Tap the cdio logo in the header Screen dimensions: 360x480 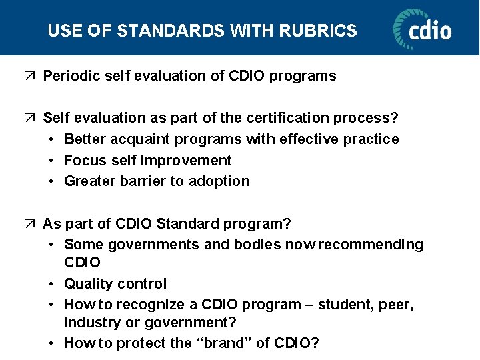coord(422,29)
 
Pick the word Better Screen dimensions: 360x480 coord(85,139)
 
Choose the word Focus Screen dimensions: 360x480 coord(84,160)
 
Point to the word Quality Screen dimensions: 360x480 coord(87,284)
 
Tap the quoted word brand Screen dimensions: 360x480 coord(225,343)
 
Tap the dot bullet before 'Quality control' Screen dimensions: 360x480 coord(52,284)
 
